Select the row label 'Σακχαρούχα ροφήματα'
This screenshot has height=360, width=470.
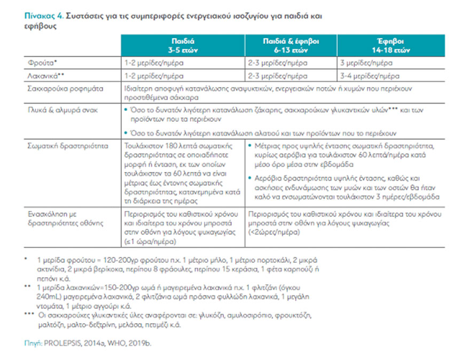(59, 88)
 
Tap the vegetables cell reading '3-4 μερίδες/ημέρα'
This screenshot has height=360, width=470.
(369, 75)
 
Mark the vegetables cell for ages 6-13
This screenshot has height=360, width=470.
(277, 75)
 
